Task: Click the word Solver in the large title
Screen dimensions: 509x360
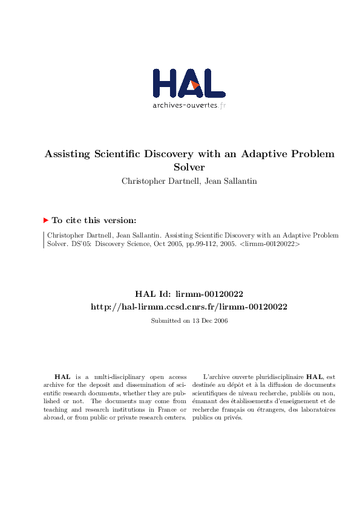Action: [189, 166]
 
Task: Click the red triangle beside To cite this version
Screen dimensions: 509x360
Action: [46, 221]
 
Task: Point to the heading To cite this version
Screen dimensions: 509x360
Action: [94, 221]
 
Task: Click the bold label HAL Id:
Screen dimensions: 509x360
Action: [156, 294]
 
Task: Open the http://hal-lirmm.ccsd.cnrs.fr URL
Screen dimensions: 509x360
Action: [188, 307]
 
